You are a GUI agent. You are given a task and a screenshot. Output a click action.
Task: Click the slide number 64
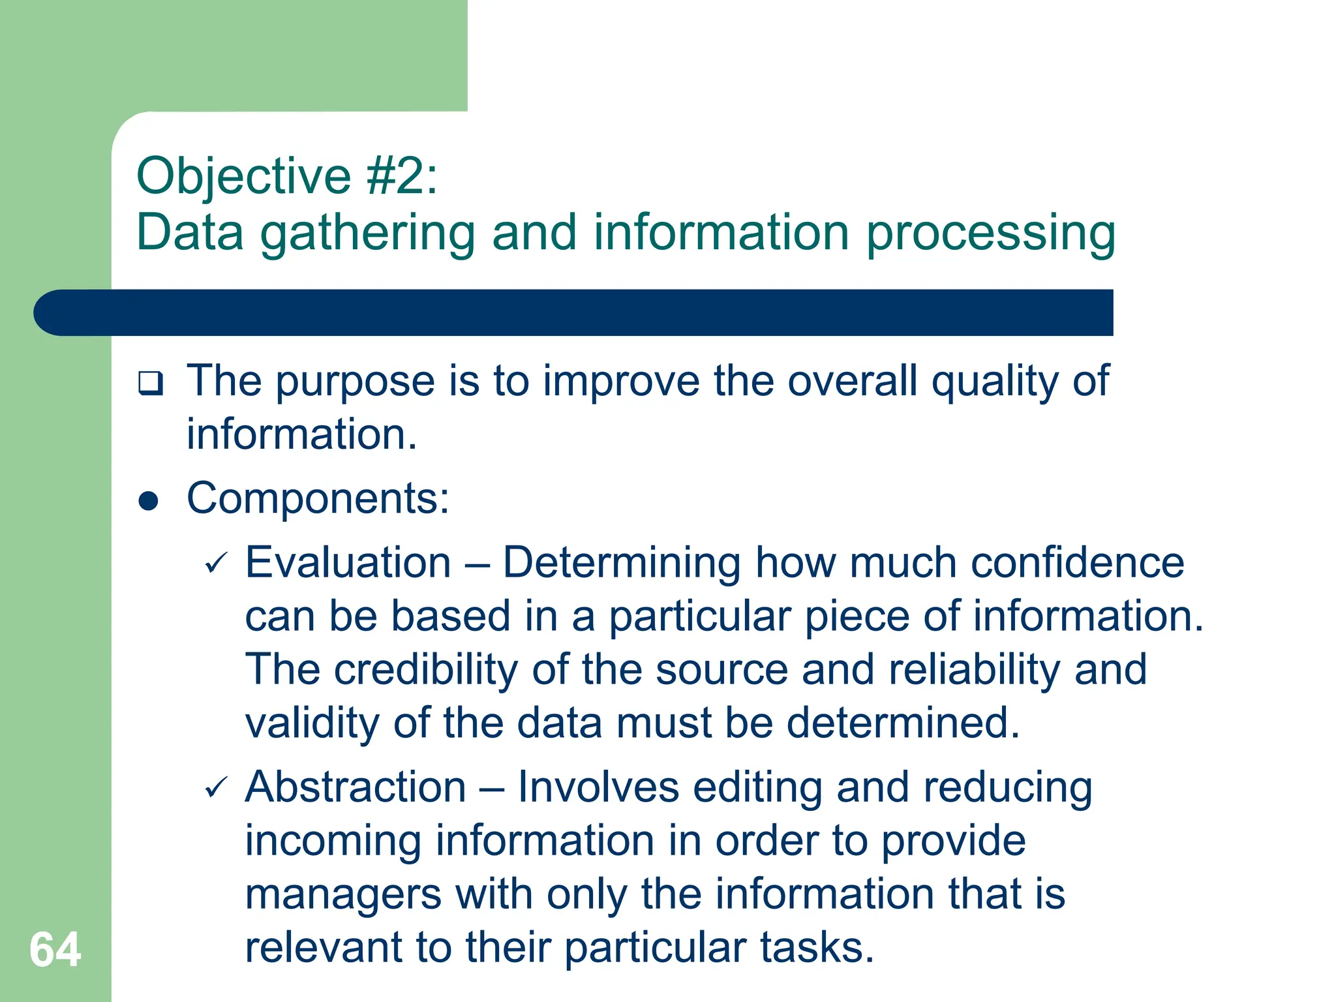click(x=55, y=950)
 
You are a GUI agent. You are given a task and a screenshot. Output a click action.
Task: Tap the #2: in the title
click(x=402, y=176)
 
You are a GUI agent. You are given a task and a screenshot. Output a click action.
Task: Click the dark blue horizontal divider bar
click(x=574, y=312)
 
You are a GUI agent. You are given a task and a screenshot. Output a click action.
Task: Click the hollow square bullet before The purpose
click(x=151, y=383)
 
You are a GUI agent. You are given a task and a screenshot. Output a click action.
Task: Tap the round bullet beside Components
click(x=149, y=501)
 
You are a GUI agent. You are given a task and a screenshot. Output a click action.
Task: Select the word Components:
click(x=318, y=498)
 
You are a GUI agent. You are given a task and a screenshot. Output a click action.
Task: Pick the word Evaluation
click(x=348, y=562)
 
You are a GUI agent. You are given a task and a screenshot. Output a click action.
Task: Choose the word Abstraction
click(x=356, y=787)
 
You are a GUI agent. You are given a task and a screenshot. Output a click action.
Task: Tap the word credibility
click(x=427, y=670)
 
